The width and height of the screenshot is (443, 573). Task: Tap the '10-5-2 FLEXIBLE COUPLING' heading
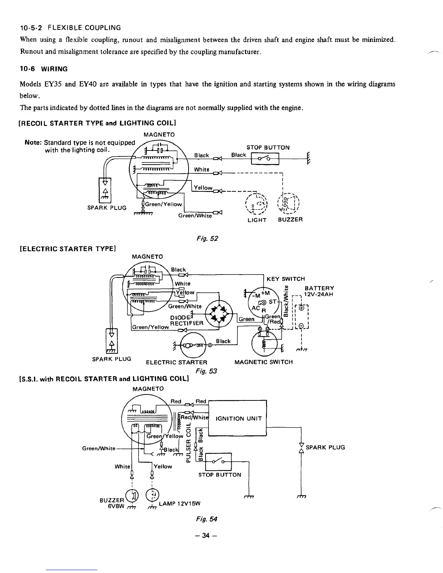pyautogui.click(x=70, y=27)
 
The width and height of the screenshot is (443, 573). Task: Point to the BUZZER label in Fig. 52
pyautogui.click(x=290, y=220)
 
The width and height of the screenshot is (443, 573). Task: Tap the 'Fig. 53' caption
pyautogui.click(x=206, y=371)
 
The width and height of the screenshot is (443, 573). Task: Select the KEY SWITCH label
pyautogui.click(x=286, y=279)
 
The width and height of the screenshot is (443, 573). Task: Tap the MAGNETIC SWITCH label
pyautogui.click(x=263, y=362)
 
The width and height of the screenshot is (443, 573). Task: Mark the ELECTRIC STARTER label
pyautogui.click(x=176, y=362)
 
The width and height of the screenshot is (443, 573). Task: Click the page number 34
pyautogui.click(x=206, y=536)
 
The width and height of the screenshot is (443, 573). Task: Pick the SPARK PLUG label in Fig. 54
pyautogui.click(x=325, y=447)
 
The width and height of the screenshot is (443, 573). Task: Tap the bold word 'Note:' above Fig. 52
pyautogui.click(x=33, y=142)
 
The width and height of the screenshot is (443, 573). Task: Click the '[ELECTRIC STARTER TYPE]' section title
pyautogui.click(x=67, y=249)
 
